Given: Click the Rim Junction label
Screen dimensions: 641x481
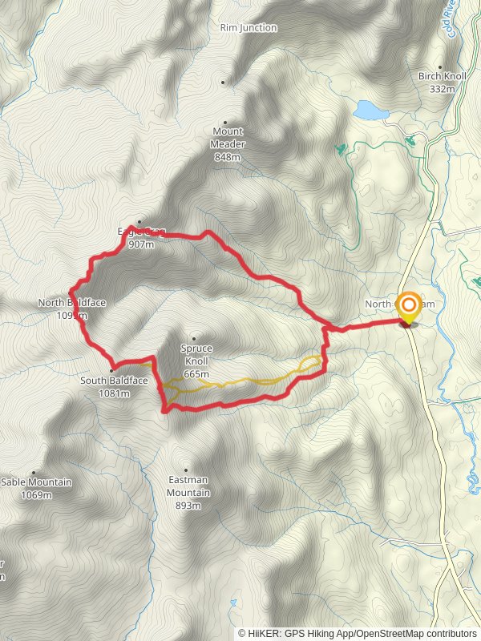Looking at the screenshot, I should coord(249,28).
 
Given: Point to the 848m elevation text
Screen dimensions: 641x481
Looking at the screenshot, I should coord(228,157).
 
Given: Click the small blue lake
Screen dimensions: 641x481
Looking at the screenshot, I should coord(369,109).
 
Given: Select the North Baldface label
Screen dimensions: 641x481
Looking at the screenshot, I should coord(71,303).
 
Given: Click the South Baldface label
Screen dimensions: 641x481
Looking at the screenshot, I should coord(114,381).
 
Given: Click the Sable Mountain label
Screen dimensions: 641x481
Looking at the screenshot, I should coord(36,482).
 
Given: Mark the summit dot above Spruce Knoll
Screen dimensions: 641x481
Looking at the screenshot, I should coord(192,338).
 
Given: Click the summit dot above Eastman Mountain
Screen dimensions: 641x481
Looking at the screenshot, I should coord(186,470).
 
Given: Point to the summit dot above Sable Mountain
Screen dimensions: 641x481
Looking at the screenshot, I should coord(34,473).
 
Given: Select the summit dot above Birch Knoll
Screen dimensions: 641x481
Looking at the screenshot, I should coord(439,67).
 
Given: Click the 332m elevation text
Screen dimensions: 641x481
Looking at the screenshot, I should coord(442,88).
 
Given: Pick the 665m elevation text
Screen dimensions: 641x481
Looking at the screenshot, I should coord(196,374).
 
